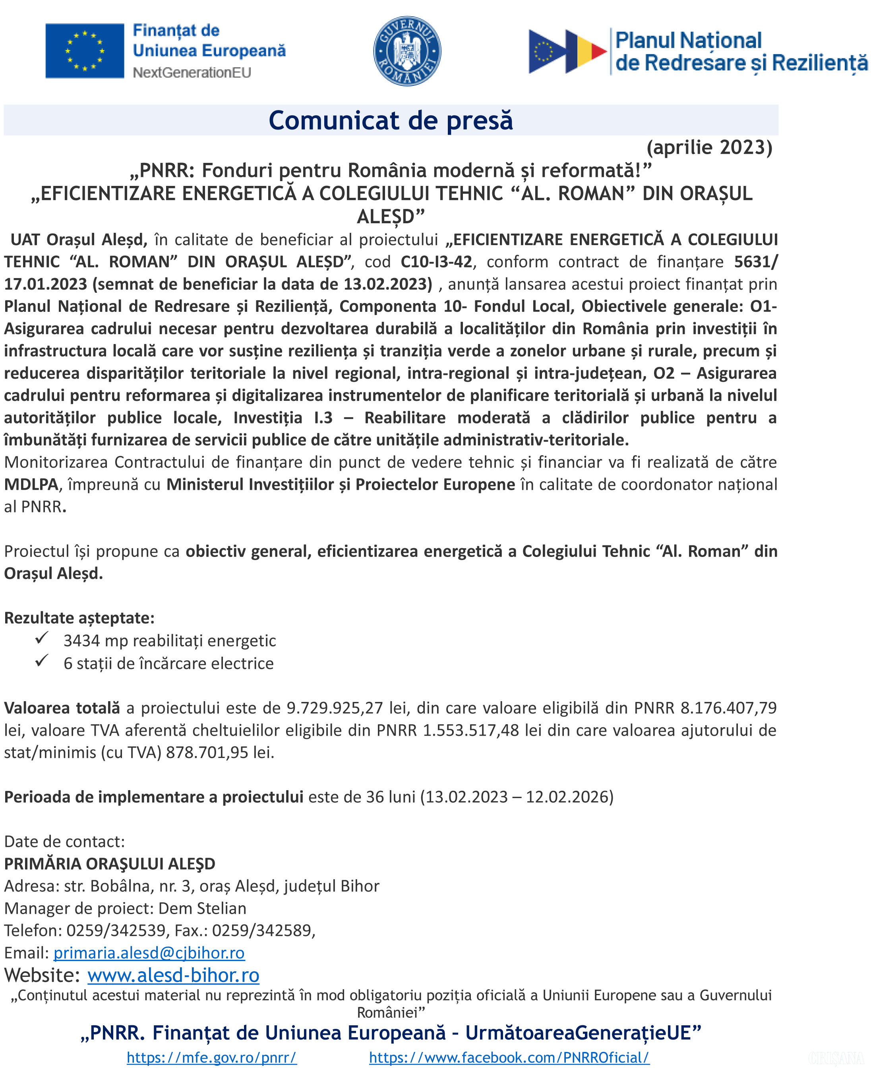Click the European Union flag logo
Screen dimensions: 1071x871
tap(84, 51)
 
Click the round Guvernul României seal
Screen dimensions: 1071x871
tap(407, 51)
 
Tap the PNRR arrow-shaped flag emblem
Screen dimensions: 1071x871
tap(567, 51)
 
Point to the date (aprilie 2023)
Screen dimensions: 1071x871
tap(709, 147)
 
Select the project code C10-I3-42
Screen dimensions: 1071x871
tap(436, 261)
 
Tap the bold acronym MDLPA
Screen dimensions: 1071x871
tap(31, 484)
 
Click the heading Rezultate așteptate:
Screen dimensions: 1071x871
tap(79, 617)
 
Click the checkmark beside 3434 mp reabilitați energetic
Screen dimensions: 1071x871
tap(42, 638)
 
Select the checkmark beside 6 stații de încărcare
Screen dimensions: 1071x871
tap(42, 661)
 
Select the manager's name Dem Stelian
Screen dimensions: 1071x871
tap(202, 908)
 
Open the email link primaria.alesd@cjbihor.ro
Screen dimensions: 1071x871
tap(149, 953)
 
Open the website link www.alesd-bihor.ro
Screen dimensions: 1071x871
tap(173, 975)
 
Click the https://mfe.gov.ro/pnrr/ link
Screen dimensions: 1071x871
tap(211, 1057)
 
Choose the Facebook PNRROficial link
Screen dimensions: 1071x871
tap(509, 1057)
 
